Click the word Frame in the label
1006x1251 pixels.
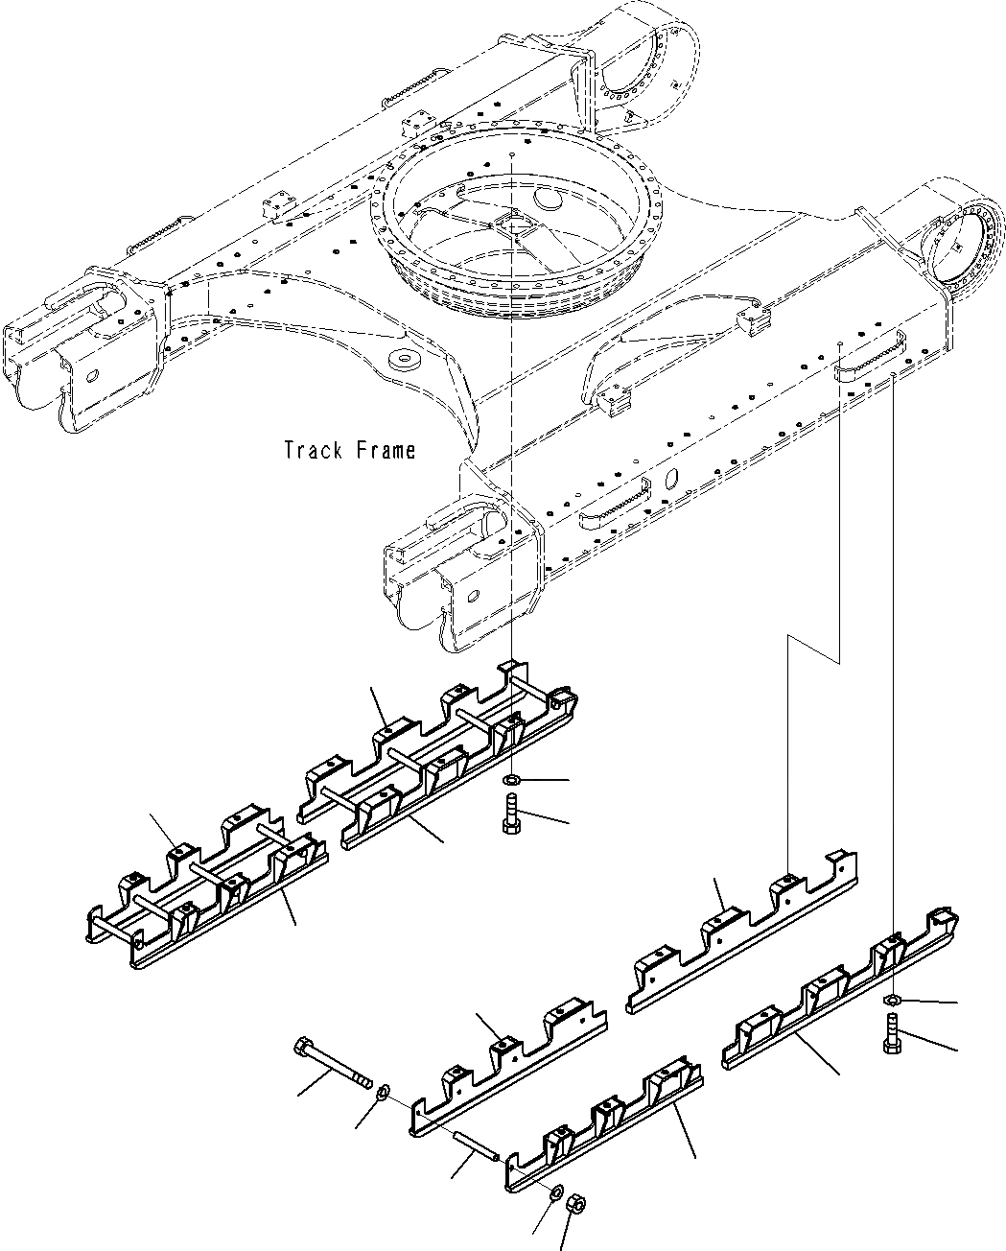click(x=384, y=450)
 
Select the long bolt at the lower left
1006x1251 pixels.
click(x=333, y=1064)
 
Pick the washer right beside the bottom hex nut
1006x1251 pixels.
click(x=556, y=1192)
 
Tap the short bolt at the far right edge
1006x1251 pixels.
click(x=889, y=1040)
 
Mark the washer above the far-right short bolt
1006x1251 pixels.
click(x=889, y=1002)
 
